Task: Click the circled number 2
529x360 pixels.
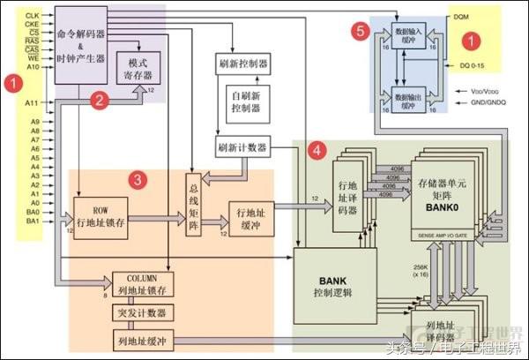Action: pos(101,101)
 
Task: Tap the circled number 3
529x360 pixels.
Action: pos(137,179)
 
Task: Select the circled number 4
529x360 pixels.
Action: pos(314,150)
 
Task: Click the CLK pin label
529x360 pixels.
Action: pos(31,16)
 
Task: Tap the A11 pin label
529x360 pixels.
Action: pos(31,104)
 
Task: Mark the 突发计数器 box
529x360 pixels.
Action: pos(139,313)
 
